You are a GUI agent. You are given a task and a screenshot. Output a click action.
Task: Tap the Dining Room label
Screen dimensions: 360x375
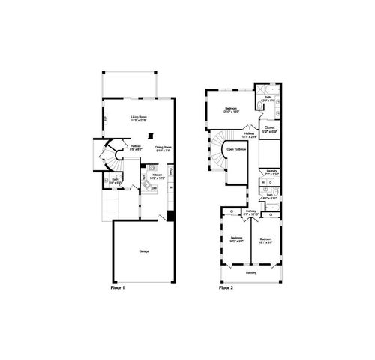(163, 148)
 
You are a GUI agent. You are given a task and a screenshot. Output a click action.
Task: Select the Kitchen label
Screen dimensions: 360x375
(156, 177)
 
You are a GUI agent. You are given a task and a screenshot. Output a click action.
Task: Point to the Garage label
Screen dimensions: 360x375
(142, 250)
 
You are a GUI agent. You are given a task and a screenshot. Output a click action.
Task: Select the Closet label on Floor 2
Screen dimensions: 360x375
(270, 129)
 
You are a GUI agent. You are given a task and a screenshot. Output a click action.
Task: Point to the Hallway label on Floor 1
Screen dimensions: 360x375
(136, 148)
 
